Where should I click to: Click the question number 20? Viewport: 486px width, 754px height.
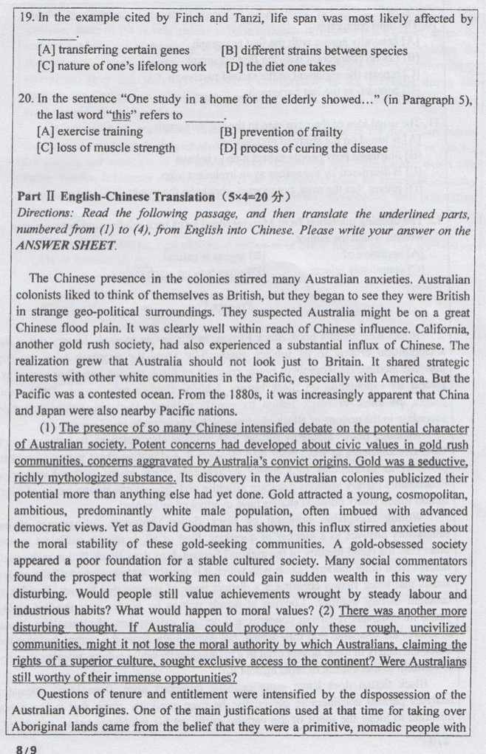click(x=24, y=100)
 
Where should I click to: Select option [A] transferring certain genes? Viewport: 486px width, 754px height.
click(x=113, y=51)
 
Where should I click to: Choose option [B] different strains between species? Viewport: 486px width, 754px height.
click(x=314, y=51)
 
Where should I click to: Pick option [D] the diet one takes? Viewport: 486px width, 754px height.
click(x=280, y=67)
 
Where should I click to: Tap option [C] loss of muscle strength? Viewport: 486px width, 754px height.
click(x=106, y=148)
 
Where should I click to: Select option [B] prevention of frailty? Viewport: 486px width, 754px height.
click(x=281, y=132)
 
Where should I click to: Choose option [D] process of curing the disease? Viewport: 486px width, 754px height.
click(x=303, y=148)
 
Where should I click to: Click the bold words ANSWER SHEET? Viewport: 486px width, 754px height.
click(x=65, y=246)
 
